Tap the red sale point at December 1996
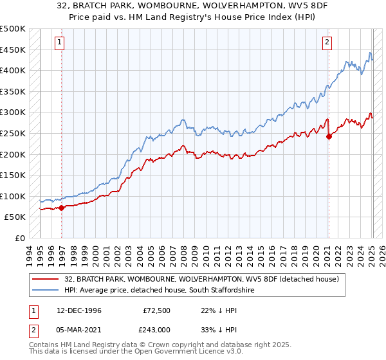click(62, 208)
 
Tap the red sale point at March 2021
click(329, 136)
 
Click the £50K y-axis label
click(15, 217)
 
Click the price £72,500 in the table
click(157, 310)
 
